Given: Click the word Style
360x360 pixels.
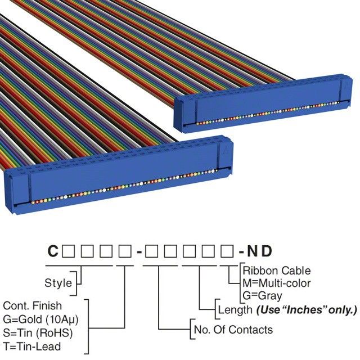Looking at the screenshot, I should pos(58,282).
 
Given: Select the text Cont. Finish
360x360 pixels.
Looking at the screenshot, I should pos(32,305).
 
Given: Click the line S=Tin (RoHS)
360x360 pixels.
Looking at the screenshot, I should pos(35,331).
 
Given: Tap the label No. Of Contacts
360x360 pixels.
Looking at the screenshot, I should pos(233,330).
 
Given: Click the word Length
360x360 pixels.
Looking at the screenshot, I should pos(235,309).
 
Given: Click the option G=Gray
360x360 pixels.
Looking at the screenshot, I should pos(263,295).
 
